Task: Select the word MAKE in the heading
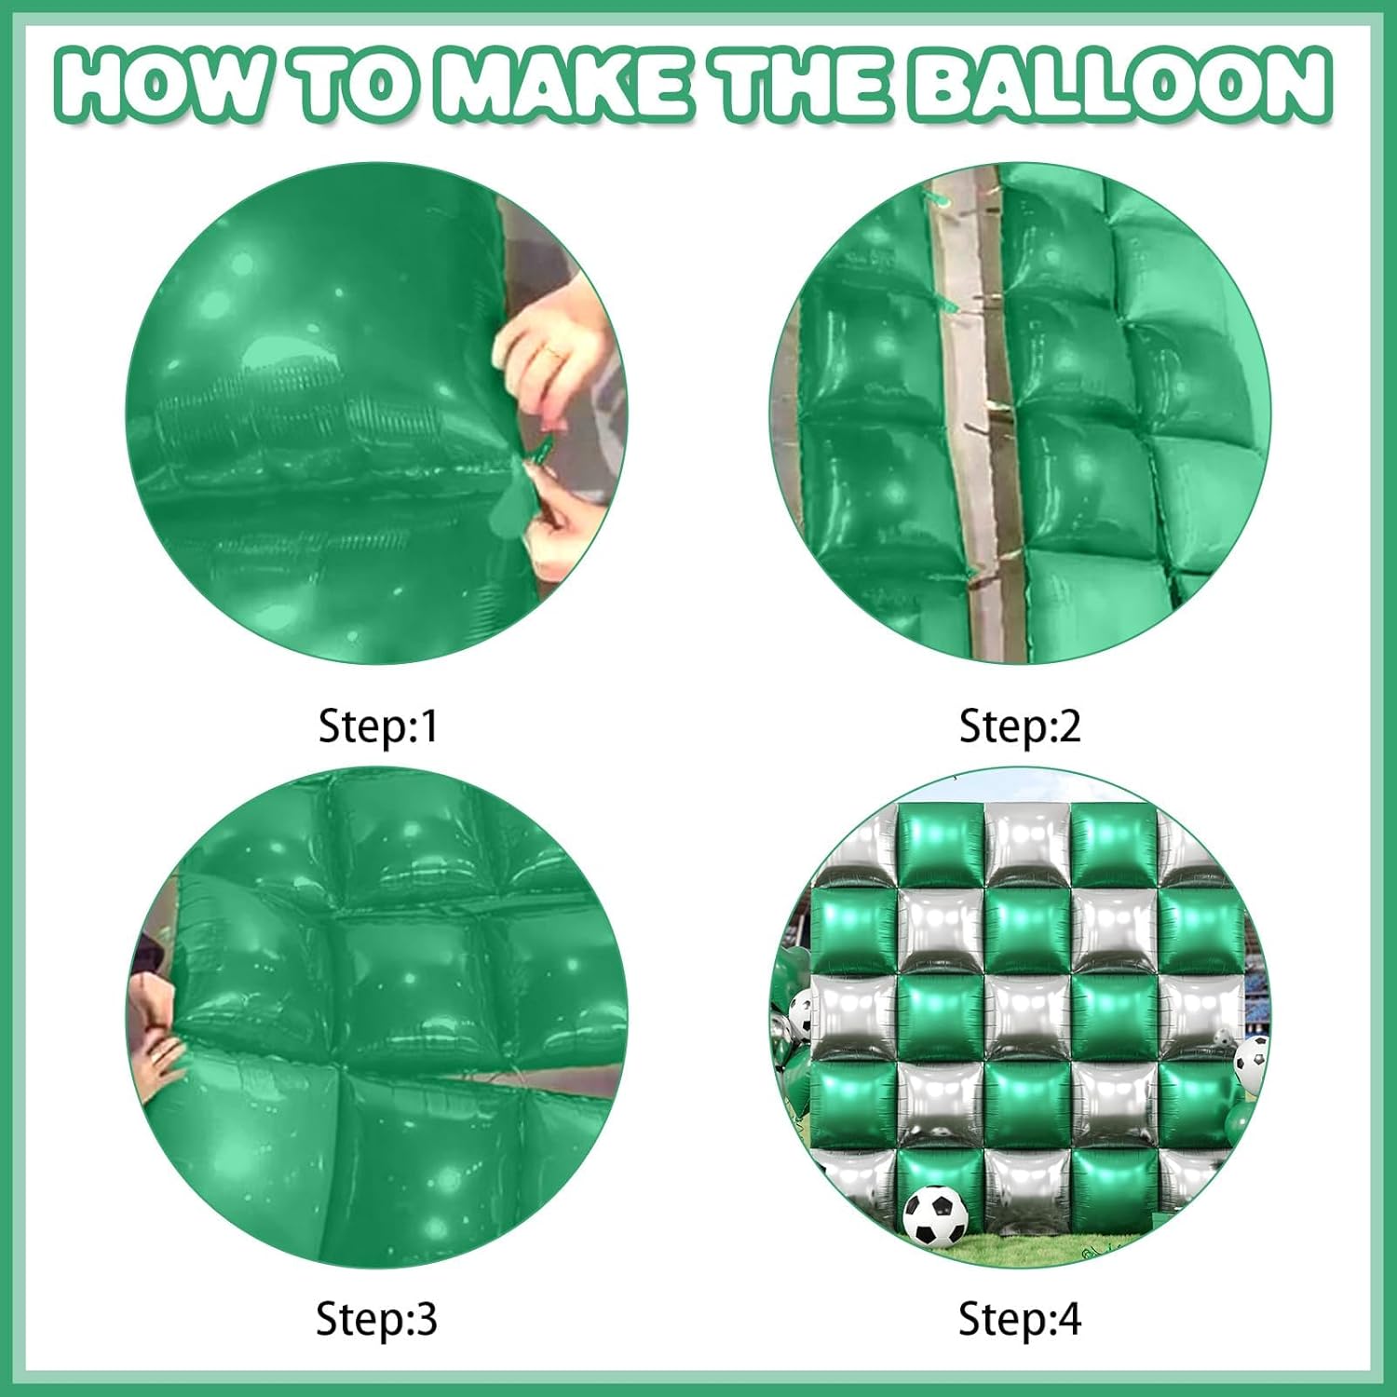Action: click(x=563, y=85)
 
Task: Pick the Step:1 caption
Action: click(x=377, y=726)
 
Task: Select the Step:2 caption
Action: click(x=1020, y=726)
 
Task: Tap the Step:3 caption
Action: click(x=376, y=1319)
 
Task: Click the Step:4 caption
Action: click(x=1020, y=1319)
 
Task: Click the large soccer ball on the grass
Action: click(x=935, y=1216)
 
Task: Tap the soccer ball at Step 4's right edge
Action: click(x=1251, y=1064)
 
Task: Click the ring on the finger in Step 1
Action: click(x=555, y=351)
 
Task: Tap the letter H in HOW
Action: click(x=93, y=85)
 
